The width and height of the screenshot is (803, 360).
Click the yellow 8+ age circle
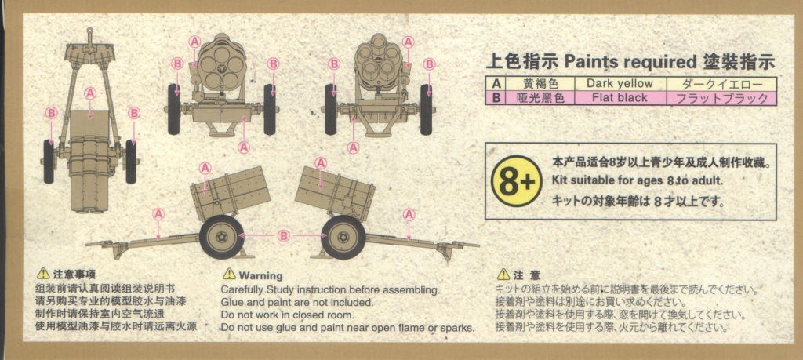[516, 180]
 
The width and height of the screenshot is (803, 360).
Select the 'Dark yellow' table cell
[620, 83]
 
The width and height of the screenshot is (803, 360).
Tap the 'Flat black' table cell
[620, 98]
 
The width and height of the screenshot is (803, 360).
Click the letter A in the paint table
[496, 84]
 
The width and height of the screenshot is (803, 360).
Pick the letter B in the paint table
[496, 98]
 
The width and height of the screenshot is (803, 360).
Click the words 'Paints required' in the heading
[629, 63]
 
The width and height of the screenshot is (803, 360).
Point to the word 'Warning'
[260, 275]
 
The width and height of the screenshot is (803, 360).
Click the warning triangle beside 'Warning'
[229, 274]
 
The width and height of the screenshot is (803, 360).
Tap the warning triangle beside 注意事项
[44, 274]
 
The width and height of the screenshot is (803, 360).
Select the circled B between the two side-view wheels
[283, 235]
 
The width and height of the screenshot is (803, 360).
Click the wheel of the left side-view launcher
[222, 237]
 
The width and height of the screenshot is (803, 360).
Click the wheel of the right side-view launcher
[343, 237]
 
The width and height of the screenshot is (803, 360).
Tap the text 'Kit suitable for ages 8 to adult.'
[638, 180]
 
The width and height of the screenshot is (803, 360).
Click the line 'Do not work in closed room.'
[287, 315]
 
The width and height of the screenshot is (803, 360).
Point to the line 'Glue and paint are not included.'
[297, 303]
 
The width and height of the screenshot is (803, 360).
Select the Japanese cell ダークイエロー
[721, 84]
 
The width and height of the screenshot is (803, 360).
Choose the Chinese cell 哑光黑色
[540, 98]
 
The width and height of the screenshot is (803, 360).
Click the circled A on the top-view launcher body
[90, 93]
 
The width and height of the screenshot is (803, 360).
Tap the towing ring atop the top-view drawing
[89, 31]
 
